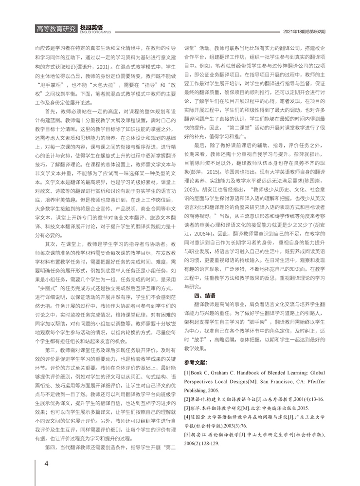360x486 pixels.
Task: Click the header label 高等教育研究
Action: [56, 29]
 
